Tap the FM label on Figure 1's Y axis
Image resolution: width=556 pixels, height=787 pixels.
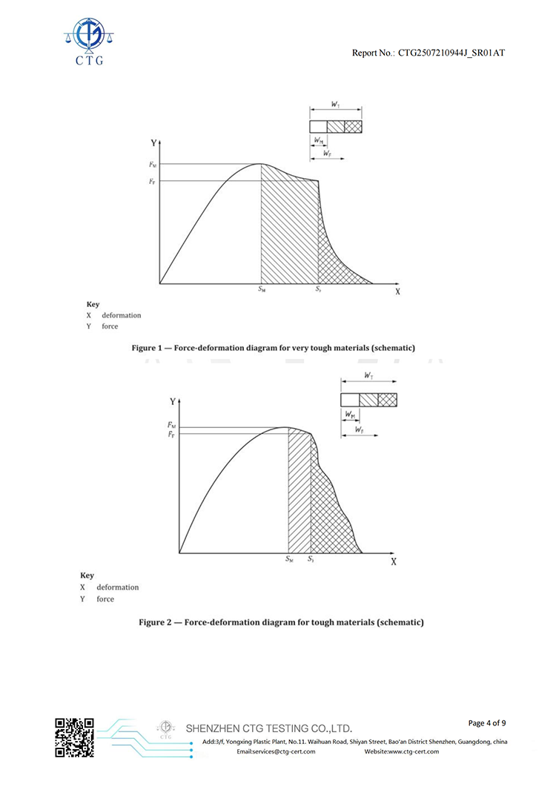(x=153, y=164)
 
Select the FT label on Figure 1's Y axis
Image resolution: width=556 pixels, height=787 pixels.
(x=153, y=181)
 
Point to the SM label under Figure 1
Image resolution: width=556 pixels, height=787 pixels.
(x=262, y=290)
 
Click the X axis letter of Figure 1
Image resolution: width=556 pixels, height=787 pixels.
(x=397, y=292)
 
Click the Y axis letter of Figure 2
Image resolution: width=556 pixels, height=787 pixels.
(x=172, y=401)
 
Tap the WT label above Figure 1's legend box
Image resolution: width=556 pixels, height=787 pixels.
(x=336, y=107)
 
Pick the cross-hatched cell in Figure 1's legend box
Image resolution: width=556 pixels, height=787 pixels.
(x=354, y=126)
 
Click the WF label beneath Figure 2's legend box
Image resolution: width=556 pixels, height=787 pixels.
(x=359, y=429)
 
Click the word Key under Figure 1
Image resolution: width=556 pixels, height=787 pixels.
(x=93, y=304)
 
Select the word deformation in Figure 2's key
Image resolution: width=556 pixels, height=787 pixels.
(x=117, y=587)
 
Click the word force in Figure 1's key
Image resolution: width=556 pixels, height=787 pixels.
(x=110, y=326)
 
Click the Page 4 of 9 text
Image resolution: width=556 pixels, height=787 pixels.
(x=488, y=722)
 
